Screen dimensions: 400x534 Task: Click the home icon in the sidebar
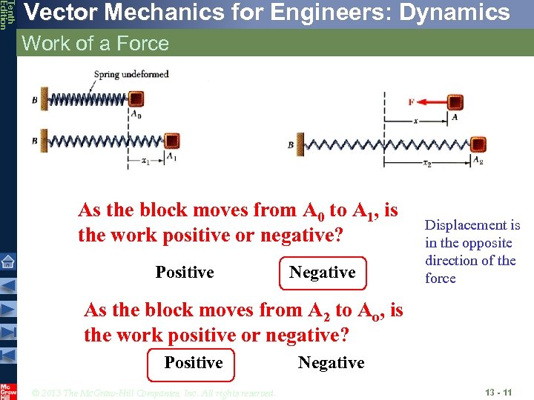(7, 261)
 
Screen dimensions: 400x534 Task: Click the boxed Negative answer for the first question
(322, 273)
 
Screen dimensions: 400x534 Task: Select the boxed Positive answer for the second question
(193, 362)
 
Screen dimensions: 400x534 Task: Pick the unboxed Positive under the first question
(185, 273)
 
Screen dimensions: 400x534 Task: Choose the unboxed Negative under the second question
(331, 362)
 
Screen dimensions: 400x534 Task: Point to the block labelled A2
(478, 144)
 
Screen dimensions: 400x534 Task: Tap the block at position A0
(136, 99)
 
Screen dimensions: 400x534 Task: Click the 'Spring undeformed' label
(131, 74)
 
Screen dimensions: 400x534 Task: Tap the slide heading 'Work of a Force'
(96, 44)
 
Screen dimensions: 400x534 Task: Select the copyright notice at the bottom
(154, 393)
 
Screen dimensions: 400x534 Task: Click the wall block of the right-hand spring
(300, 144)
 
